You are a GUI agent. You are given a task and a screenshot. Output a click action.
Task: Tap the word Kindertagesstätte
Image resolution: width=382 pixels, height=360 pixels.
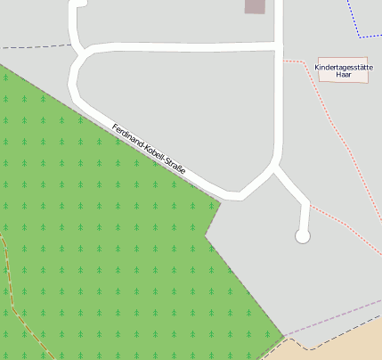(x=344, y=66)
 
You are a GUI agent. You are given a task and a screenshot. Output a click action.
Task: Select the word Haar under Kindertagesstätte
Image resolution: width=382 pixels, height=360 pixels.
(x=344, y=76)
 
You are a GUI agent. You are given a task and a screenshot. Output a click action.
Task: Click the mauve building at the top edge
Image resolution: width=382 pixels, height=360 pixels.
(x=255, y=6)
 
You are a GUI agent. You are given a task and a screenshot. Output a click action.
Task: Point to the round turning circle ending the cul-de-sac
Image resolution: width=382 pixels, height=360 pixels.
(x=302, y=236)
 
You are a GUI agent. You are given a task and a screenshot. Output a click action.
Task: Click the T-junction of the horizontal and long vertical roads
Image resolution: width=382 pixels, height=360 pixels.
(x=278, y=44)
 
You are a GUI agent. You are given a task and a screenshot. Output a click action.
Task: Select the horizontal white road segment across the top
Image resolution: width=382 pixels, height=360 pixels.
(x=178, y=45)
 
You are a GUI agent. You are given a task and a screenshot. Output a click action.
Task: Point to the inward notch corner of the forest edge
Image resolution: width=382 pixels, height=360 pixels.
(x=206, y=236)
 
